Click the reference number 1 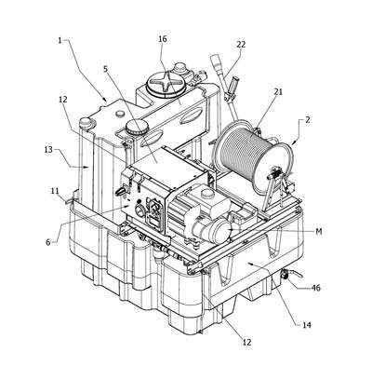tap(60, 41)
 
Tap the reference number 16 tap(163, 39)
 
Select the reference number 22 tap(241, 45)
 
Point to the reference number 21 tap(278, 91)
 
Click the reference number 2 tap(307, 120)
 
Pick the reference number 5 tap(106, 69)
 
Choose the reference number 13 tap(48, 150)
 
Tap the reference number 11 tap(55, 191)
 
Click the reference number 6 tap(48, 242)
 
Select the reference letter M tap(319, 231)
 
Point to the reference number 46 tap(315, 288)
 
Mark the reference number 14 tap(307, 325)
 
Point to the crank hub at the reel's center tap(274, 177)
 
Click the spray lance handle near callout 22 tap(232, 87)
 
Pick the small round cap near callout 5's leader tap(137, 127)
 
